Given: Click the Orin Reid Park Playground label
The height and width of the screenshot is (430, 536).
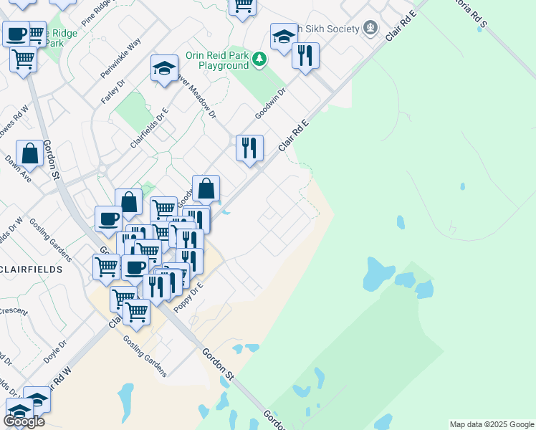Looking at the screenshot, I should [x=216, y=60].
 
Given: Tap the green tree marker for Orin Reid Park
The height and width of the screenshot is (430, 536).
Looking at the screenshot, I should [x=259, y=60].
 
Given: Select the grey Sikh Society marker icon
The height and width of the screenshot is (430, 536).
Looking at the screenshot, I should [x=370, y=28].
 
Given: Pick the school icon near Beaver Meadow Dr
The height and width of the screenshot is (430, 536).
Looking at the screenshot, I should [x=164, y=68].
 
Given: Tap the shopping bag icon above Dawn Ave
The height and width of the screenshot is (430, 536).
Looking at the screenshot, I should [x=29, y=153].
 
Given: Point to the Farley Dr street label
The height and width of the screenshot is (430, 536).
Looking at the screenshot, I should [x=113, y=92].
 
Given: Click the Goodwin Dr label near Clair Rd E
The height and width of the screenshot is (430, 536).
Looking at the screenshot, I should [x=270, y=104].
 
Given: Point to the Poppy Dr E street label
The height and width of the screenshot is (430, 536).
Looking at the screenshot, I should [x=188, y=296].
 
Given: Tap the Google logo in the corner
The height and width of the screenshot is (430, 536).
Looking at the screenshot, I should [x=24, y=421].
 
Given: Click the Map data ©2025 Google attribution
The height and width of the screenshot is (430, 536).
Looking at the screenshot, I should [x=491, y=424].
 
